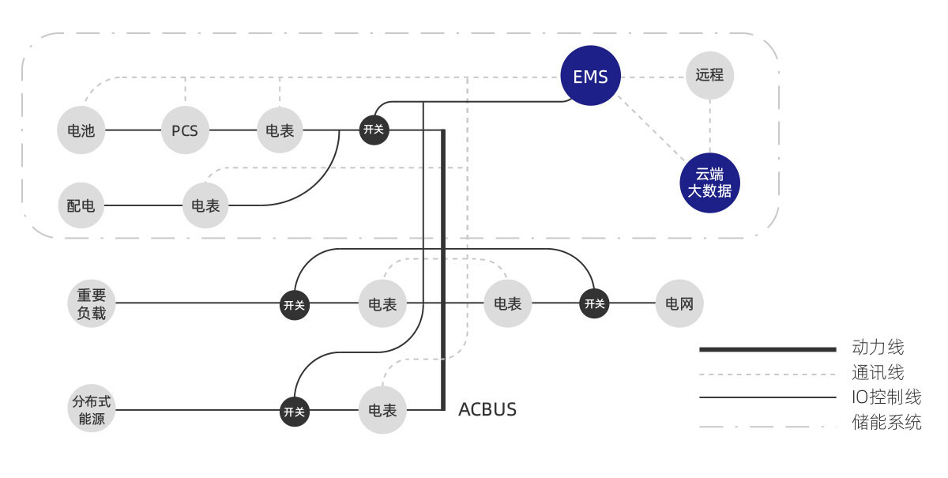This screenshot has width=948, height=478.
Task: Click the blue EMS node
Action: click(590, 77)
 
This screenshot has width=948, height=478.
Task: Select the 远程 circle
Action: click(709, 76)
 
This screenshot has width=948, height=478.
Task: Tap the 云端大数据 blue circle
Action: click(709, 183)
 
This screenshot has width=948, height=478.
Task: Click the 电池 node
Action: click(81, 130)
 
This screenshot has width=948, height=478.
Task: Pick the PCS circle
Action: click(185, 130)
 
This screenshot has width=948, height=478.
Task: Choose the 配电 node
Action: click(81, 206)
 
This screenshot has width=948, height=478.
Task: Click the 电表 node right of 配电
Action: click(206, 206)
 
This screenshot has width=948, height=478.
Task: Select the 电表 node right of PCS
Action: click(280, 130)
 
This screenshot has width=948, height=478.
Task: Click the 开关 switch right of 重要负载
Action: click(295, 304)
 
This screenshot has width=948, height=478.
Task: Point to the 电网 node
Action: click(679, 303)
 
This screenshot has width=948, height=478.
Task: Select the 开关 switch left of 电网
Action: click(594, 303)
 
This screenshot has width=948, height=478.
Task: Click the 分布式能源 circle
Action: click(92, 411)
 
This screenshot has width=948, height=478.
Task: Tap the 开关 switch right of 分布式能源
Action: click(295, 411)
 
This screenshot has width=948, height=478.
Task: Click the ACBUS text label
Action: click(487, 409)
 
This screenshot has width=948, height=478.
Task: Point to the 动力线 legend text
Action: click(878, 348)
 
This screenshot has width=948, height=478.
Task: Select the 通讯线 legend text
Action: click(878, 373)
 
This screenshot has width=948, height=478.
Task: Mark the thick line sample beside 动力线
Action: click(767, 348)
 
